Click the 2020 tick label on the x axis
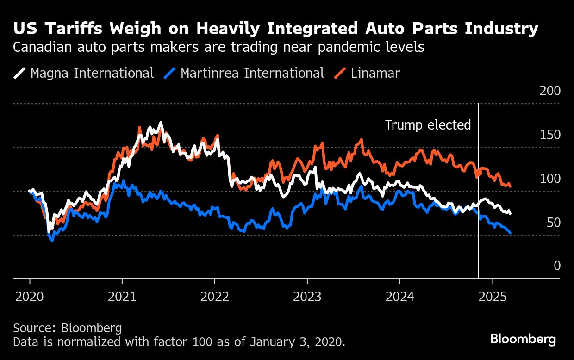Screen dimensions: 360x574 pos(30,296)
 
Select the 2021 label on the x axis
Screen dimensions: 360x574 pos(122,296)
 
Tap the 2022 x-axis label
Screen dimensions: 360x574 pos(215,296)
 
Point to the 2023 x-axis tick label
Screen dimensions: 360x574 pos(307,296)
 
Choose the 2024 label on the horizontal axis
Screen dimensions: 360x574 pos(399,296)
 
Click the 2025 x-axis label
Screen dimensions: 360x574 pos(493,296)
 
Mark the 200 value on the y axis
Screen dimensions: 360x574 pos(550,91)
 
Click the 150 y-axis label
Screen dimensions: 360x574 pos(550,135)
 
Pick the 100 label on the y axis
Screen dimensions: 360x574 pos(550,179)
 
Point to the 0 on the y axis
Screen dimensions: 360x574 pos(557,266)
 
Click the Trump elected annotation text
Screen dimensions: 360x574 pos(428,125)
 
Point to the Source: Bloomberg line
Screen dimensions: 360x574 pos(68,328)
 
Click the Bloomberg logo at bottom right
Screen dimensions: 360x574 pos(523,339)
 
